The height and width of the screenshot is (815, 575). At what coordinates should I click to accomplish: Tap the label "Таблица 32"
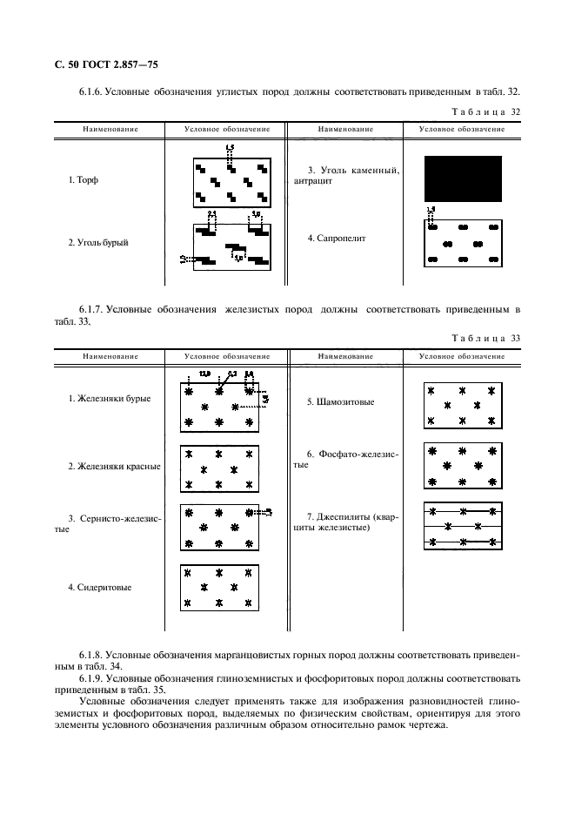click(486, 111)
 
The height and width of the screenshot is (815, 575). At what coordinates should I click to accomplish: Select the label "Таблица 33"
click(486, 338)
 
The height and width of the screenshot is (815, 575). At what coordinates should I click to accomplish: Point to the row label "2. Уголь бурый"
click(98, 243)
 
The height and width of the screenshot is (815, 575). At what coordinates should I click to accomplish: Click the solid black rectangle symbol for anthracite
click(463, 178)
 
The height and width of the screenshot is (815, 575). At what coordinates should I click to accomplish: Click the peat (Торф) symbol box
click(231, 182)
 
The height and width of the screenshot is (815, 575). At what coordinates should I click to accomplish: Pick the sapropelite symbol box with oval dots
click(463, 243)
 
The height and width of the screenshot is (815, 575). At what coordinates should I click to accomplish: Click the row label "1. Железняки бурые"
click(110, 398)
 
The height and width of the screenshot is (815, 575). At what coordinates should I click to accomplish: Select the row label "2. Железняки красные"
click(114, 466)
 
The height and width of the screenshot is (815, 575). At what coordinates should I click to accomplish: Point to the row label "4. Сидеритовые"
click(100, 587)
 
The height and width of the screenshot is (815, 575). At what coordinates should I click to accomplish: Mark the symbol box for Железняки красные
click(220, 468)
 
